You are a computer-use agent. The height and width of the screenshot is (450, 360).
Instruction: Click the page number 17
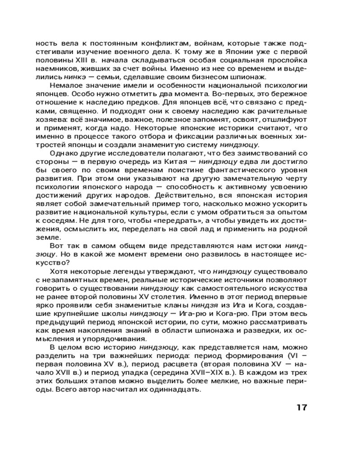(x=301, y=408)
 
